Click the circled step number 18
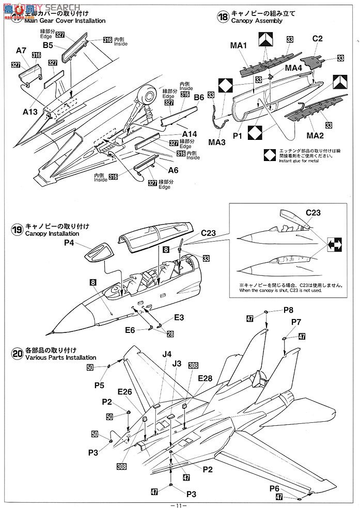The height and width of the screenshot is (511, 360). [223, 17]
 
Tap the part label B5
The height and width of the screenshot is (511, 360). [48, 45]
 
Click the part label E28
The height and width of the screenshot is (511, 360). [206, 378]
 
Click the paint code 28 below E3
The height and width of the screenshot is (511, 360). [170, 334]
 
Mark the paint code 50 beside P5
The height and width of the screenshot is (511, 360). [90, 367]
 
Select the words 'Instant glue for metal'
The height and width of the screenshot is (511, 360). [291, 161]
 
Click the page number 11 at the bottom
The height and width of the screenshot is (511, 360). [179, 504]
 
